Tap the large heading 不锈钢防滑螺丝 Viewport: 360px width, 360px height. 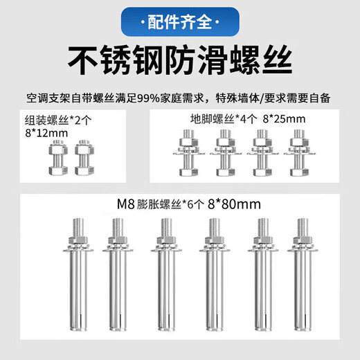(x=180, y=62)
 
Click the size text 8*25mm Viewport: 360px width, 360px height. (x=285, y=118)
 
